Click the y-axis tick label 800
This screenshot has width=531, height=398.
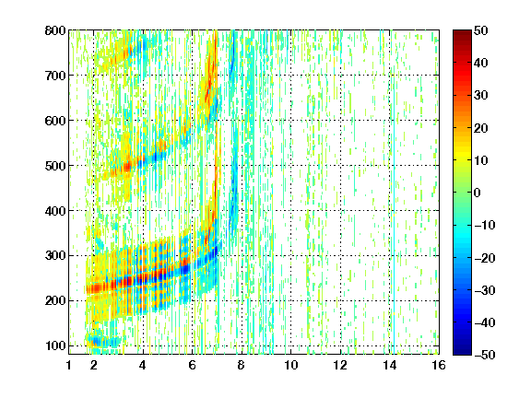tap(55, 30)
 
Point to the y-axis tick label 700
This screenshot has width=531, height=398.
tap(55, 76)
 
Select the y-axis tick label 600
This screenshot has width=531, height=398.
tap(55, 121)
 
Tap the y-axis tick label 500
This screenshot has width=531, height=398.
tap(55, 166)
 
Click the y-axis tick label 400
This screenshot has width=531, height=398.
tap(55, 211)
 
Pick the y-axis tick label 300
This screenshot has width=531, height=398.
tap(55, 255)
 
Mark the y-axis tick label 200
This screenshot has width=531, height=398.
tap(55, 300)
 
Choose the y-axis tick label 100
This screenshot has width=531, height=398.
tap(56, 345)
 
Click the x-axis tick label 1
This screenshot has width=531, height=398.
tap(69, 365)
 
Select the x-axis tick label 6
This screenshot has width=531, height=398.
tap(193, 365)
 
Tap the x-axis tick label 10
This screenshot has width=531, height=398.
tap(291, 365)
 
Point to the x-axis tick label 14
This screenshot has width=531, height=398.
tap(390, 365)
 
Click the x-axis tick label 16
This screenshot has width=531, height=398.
tap(439, 365)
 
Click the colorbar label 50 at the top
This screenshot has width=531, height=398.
tap(481, 30)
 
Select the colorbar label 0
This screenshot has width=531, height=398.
tap(478, 193)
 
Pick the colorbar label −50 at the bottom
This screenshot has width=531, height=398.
tap(485, 355)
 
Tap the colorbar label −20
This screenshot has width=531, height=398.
tap(485, 258)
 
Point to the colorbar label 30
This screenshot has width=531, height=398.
tap(481, 96)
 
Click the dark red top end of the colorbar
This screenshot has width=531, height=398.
tap(462, 31)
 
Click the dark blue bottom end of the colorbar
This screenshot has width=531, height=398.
tap(462, 353)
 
